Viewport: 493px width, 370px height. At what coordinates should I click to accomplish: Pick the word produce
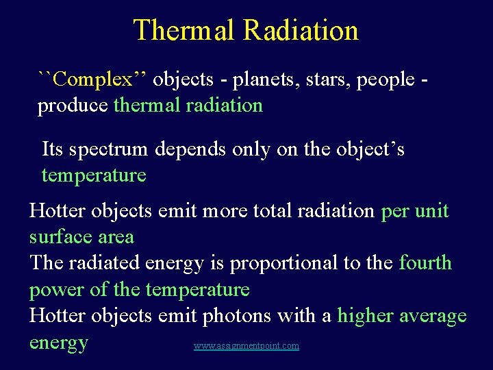[73, 106]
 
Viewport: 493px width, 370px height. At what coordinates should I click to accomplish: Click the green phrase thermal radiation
[188, 106]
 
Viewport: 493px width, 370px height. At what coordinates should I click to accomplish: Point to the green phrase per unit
[414, 211]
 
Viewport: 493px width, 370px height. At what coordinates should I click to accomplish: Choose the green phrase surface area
[81, 237]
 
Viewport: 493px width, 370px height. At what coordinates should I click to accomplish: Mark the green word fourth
[425, 263]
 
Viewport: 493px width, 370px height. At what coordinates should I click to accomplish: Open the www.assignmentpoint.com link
[246, 346]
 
